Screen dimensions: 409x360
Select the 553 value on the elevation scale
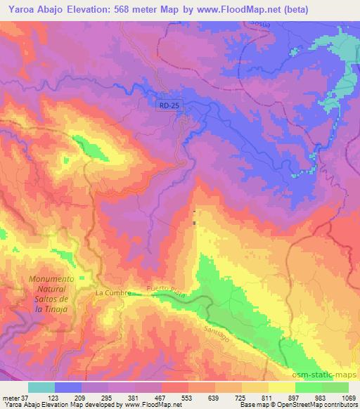point(185,398)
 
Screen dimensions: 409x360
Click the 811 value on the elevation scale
point(266,398)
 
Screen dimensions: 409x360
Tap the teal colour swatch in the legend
point(42,387)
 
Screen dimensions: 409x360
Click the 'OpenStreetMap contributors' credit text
point(316,405)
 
